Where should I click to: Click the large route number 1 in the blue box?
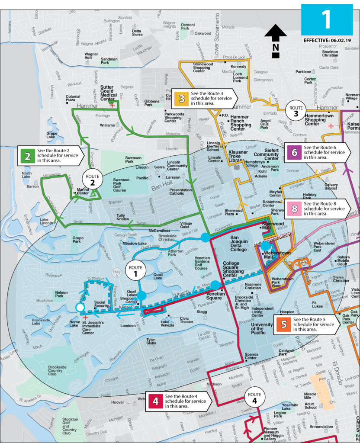click(327, 19)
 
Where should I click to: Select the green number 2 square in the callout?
click(27, 156)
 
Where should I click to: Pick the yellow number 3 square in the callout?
click(181, 98)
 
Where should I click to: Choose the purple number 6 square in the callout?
click(294, 153)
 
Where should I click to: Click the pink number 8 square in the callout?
click(294, 209)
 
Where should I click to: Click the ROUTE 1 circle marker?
click(135, 271)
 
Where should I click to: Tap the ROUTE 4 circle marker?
click(254, 397)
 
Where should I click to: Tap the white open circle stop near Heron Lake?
click(80, 307)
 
